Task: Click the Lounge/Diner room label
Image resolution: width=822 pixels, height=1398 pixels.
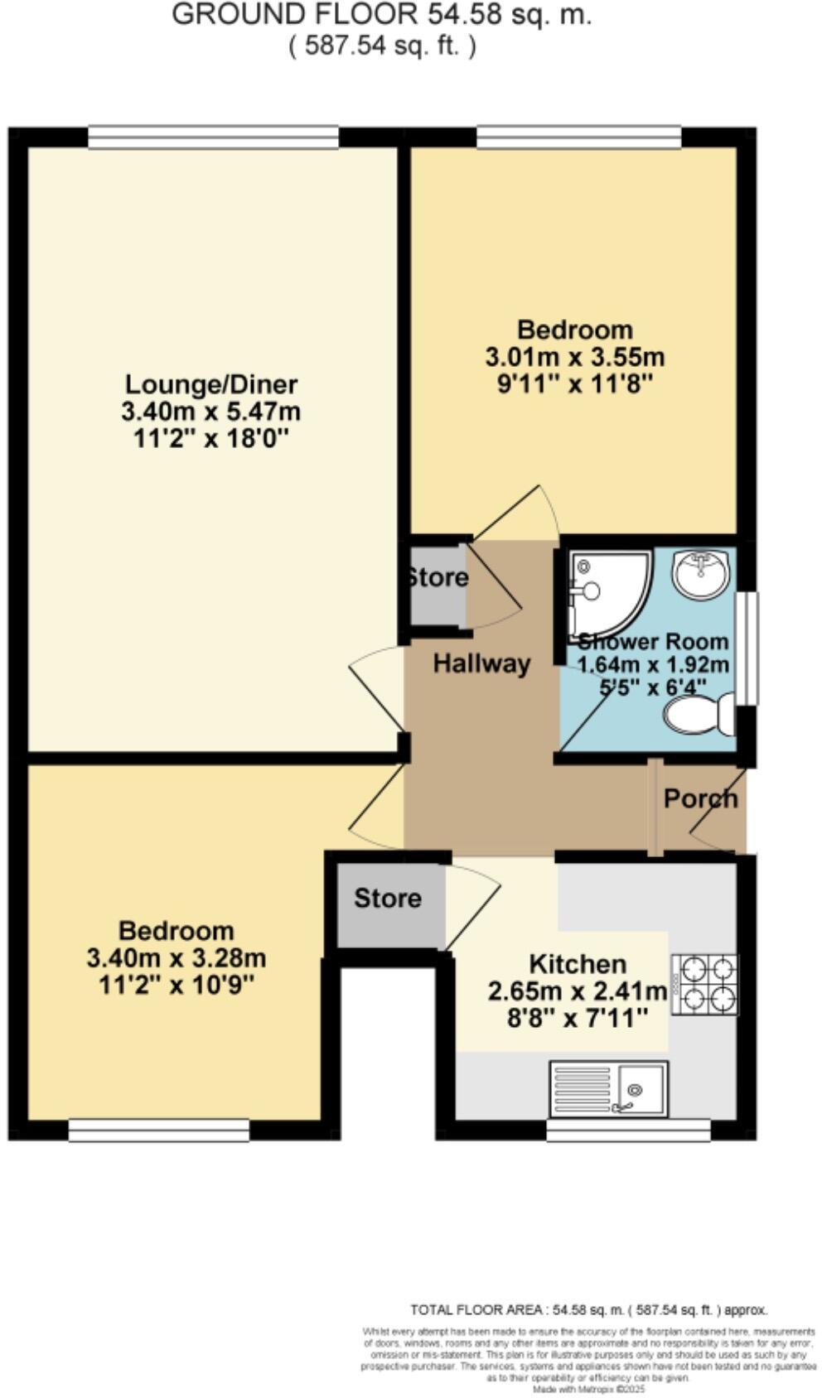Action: (210, 384)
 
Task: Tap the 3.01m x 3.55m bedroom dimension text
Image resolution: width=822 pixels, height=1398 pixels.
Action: (574, 357)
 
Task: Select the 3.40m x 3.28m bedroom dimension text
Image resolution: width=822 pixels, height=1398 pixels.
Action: (176, 958)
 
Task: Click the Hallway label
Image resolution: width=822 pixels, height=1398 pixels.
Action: (481, 663)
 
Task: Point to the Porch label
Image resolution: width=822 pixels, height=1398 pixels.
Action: (700, 798)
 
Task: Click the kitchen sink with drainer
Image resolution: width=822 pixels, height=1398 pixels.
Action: (608, 1088)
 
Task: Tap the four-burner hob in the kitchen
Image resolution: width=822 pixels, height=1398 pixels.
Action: (704, 984)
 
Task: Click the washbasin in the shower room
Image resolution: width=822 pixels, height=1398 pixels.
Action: (700, 571)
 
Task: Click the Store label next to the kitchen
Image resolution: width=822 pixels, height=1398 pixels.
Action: (387, 899)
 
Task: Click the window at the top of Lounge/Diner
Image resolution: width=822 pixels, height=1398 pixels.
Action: (214, 137)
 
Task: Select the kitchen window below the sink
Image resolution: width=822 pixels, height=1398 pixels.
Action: (628, 1129)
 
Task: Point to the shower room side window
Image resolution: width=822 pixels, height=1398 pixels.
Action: (747, 648)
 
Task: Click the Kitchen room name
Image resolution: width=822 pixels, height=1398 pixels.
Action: (577, 964)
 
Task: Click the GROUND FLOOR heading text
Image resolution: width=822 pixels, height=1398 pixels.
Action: (381, 15)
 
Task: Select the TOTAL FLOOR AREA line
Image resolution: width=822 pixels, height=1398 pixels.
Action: (588, 1309)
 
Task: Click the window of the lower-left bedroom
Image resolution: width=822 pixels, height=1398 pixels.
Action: (158, 1130)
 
